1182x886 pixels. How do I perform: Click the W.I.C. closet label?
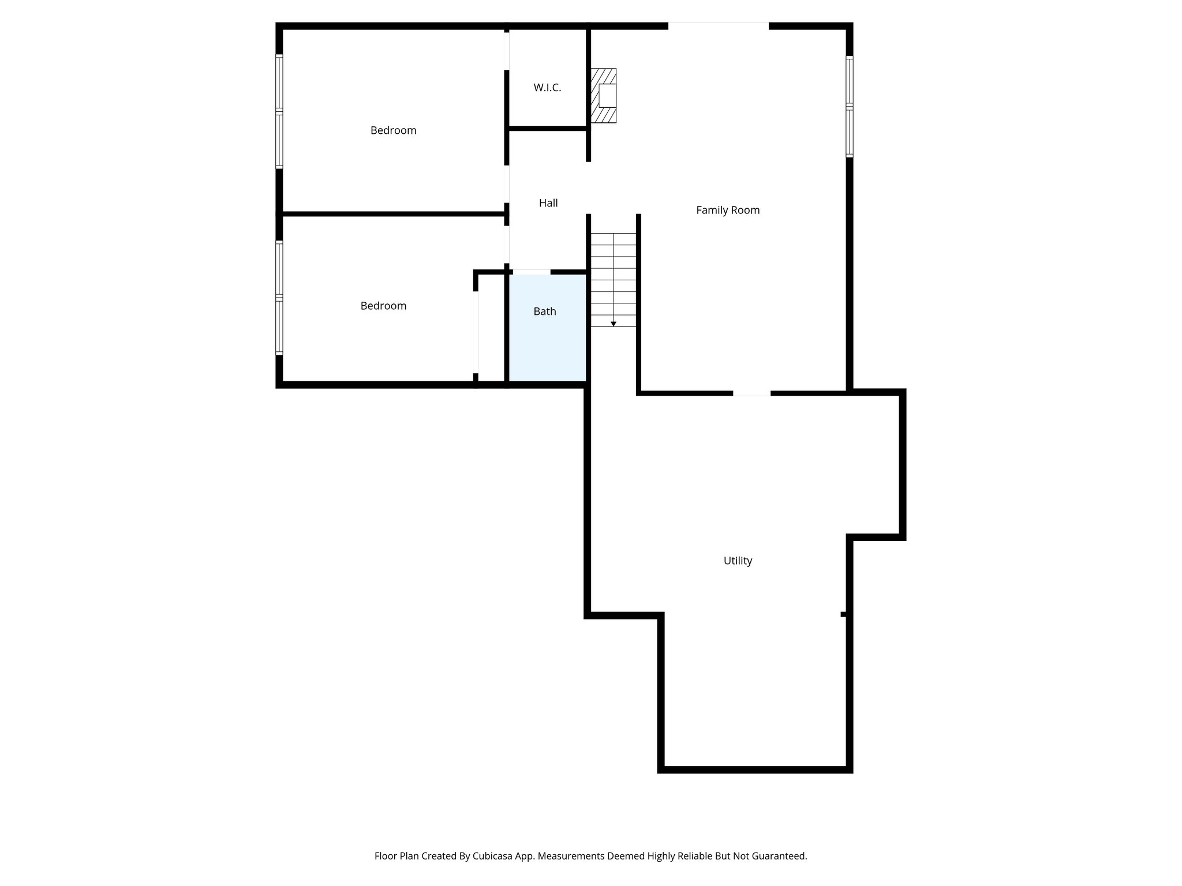click(x=547, y=88)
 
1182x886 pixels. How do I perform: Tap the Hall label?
click(x=548, y=203)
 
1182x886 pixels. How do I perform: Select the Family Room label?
click(x=728, y=211)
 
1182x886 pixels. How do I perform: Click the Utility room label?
click(x=738, y=561)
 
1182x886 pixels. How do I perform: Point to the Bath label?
click(x=545, y=311)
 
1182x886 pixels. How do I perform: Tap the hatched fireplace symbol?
click(x=603, y=96)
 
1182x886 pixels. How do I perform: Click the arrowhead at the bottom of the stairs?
click(x=614, y=324)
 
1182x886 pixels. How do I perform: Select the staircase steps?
click(x=613, y=277)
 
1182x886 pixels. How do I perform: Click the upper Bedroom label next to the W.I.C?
click(x=393, y=131)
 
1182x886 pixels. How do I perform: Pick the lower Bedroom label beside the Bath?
click(x=383, y=306)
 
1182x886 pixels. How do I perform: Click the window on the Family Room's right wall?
click(x=850, y=107)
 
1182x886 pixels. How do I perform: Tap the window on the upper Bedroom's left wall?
click(x=279, y=111)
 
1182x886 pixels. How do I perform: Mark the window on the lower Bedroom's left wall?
click(x=279, y=298)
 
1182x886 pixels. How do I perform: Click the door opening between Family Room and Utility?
click(x=751, y=393)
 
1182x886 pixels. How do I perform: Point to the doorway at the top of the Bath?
click(x=532, y=272)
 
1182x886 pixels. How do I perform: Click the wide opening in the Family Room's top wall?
click(x=718, y=25)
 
